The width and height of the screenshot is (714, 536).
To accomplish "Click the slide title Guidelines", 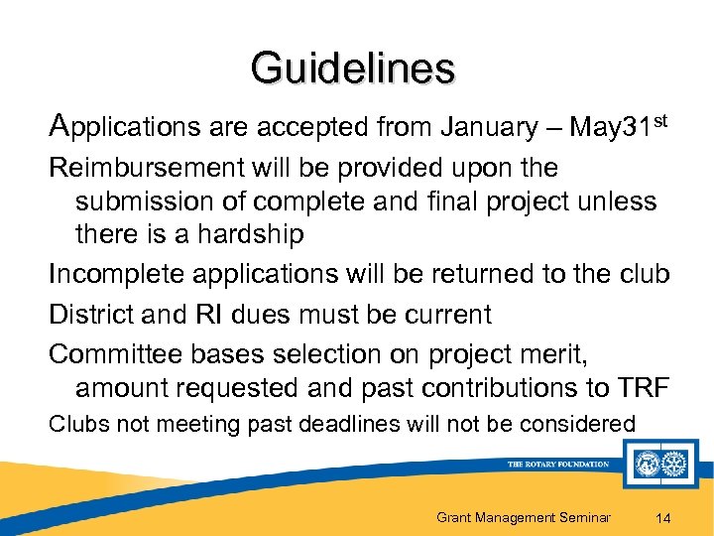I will (x=353, y=68).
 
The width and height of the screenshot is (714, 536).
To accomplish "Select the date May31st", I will (x=610, y=126).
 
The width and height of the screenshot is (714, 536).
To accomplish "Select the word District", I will (x=91, y=315).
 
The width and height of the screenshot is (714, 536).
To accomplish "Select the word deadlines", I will (x=341, y=424).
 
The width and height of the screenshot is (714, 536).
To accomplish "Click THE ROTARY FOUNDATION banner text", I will (x=557, y=464).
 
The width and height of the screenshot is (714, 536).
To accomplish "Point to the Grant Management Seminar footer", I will (x=523, y=516).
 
